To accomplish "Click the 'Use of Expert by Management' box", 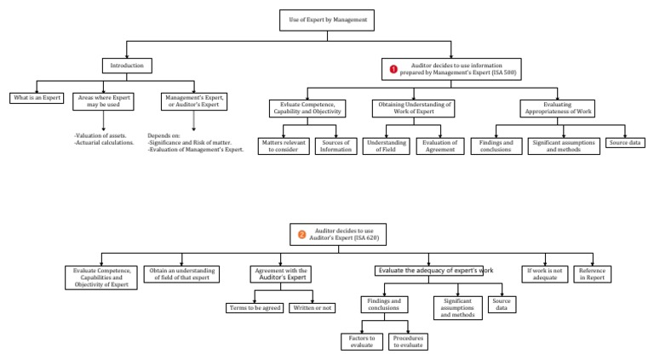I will click(326, 20).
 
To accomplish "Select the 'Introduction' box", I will click(127, 66).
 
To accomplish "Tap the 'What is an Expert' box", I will click(37, 99).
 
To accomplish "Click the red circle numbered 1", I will click(393, 69).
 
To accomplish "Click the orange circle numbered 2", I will click(301, 234).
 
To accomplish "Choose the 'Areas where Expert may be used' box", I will click(104, 102).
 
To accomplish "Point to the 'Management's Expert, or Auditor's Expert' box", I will click(194, 102).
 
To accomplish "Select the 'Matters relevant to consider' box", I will click(283, 146).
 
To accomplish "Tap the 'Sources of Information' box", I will click(336, 146).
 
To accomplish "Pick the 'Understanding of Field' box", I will click(386, 146).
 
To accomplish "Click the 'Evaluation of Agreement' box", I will click(440, 146).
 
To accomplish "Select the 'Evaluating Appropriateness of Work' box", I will click(557, 108).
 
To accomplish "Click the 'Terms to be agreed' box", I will click(255, 308).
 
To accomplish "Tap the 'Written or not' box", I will click(313, 308).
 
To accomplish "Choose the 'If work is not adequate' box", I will click(544, 274).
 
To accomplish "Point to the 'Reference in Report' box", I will click(592, 274).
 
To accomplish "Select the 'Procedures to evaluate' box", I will click(409, 341).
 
